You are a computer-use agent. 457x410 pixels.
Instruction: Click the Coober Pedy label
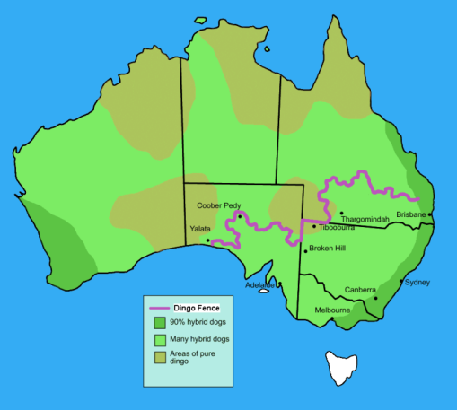pos(219,205)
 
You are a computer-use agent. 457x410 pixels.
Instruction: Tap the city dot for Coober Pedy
pos(240,216)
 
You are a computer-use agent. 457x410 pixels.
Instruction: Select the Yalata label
pos(199,230)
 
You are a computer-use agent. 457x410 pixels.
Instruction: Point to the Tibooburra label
pos(337,228)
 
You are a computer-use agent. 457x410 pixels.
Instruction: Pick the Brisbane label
pos(410,215)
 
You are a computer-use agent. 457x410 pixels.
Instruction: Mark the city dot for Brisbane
pos(430,214)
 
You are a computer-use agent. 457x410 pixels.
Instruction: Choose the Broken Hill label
pos(328,249)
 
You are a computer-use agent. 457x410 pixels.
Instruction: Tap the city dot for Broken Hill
pos(305,250)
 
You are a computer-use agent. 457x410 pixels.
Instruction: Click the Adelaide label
pos(259,285)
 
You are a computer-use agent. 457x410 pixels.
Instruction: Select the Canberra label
pos(361,290)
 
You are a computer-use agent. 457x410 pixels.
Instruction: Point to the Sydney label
pos(417,283)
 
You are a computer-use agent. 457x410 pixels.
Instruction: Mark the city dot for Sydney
pos(401,282)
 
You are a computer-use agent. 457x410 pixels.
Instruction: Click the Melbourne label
pos(331,310)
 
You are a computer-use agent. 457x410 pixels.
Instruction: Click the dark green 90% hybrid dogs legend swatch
pos(160,322)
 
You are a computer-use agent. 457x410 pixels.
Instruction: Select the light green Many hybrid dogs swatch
pos(160,339)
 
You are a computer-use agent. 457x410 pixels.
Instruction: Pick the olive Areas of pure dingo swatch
pos(160,357)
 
